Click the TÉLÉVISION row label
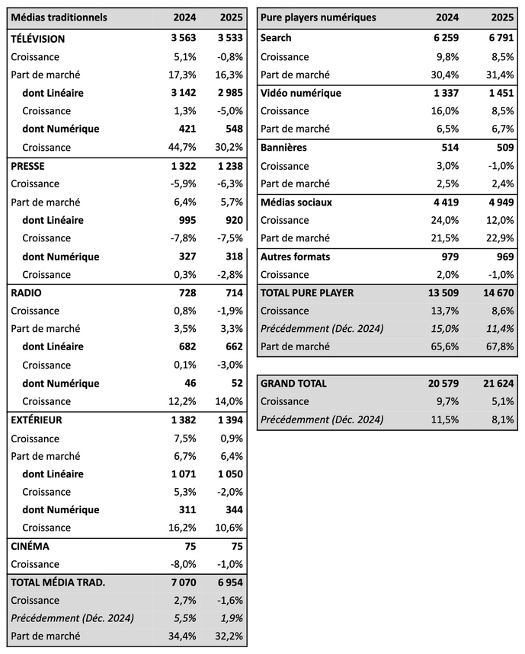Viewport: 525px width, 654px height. tap(38, 39)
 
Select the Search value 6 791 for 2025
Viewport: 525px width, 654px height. tap(498, 38)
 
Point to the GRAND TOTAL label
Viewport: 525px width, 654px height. tap(293, 383)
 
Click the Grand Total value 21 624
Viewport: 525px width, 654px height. tap(495, 383)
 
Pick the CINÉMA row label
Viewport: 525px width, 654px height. tap(30, 546)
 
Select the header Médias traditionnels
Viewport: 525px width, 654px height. tap(59, 18)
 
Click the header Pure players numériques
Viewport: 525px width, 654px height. tap(319, 18)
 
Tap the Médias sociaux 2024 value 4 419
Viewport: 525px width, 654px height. tap(443, 203)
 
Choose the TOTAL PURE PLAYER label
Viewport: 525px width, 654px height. tap(307, 292)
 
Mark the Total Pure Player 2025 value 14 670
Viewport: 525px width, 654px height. tap(495, 292)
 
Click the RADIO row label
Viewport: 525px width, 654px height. tap(26, 292)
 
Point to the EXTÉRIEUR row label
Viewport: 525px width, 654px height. tap(37, 420)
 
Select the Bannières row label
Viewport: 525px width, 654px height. tap(283, 148)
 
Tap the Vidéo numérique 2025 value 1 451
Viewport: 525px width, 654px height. tap(498, 93)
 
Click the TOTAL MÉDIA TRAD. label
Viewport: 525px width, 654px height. tap(58, 582)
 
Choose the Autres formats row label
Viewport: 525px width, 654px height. tap(295, 257)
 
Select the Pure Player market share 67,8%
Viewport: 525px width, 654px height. tap(499, 346)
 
